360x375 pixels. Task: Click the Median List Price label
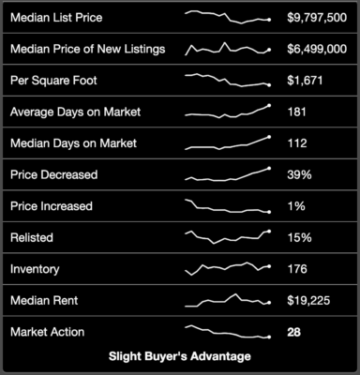pos(56,18)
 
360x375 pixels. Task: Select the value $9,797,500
pos(317,18)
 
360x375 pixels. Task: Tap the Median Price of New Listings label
pos(87,50)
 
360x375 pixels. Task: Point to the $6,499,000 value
pos(317,49)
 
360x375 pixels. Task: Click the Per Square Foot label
pos(53,81)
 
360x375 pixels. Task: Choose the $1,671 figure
pos(305,81)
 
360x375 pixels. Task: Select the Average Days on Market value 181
pos(297,112)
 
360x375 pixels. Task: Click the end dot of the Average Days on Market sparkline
pos(269,105)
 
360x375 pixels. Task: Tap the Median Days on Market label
pos(73,143)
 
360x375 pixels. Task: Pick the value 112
pos(297,143)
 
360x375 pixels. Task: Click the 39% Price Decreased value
pos(299,174)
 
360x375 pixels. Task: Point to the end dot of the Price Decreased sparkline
pos(269,169)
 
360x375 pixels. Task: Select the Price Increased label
pos(52,206)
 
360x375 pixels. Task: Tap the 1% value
pos(296,206)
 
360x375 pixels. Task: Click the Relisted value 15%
pos(299,238)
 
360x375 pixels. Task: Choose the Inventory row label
pos(35,269)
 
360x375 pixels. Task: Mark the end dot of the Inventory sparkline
pos(269,266)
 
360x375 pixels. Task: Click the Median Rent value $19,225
pos(308,301)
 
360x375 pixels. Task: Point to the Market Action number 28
pos(293,332)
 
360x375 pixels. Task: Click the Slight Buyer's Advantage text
pos(180,356)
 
